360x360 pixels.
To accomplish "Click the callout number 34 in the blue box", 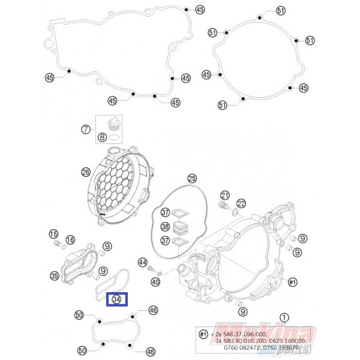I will (x=117, y=299).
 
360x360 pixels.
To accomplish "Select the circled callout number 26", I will (x=86, y=173).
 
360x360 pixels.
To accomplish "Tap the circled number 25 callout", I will (x=192, y=178).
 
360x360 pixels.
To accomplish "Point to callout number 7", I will (x=86, y=129).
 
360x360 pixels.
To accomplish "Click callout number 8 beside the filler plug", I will (x=103, y=137).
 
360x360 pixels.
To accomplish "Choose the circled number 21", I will (x=225, y=195).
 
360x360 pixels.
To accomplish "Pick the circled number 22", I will (x=241, y=203).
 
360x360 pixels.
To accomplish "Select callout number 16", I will (x=71, y=240).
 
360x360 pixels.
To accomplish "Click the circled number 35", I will (x=55, y=276).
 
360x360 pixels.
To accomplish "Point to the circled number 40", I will (x=155, y=282).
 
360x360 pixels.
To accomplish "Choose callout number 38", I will (x=166, y=227).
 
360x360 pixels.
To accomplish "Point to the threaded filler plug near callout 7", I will (x=112, y=125).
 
